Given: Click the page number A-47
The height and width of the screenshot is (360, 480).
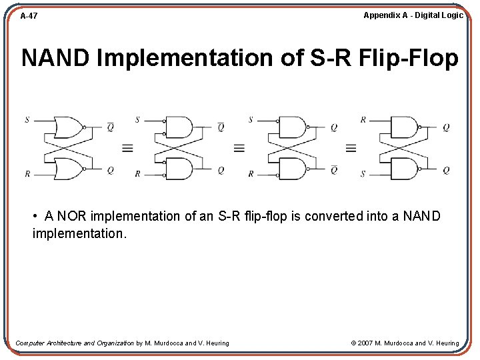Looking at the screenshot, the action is click(29, 15).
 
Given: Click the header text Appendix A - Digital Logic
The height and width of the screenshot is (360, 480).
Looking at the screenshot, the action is click(413, 15).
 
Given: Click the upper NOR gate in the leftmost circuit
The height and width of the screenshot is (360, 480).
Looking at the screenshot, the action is click(67, 127).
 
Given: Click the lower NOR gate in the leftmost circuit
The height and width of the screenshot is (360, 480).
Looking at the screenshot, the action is click(67, 169).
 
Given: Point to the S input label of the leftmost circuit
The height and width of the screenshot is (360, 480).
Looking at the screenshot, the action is click(27, 120).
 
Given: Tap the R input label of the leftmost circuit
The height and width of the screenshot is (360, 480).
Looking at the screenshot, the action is click(27, 174).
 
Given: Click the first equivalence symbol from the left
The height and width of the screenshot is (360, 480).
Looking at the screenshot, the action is click(127, 148).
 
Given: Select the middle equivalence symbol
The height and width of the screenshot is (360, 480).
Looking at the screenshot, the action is click(239, 148).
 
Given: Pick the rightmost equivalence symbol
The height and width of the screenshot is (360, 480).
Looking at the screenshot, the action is click(351, 148).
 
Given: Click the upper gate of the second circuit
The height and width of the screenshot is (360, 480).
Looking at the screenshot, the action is click(179, 127).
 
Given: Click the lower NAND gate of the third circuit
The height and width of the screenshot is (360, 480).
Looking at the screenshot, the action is click(292, 169).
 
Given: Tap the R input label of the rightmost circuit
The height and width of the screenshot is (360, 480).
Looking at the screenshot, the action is click(363, 120).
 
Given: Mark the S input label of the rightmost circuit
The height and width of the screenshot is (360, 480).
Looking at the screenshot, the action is click(363, 174).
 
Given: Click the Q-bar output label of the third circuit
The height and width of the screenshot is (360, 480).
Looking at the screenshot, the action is click(334, 170).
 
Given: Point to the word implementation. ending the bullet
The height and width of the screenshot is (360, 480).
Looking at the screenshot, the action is click(79, 235).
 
